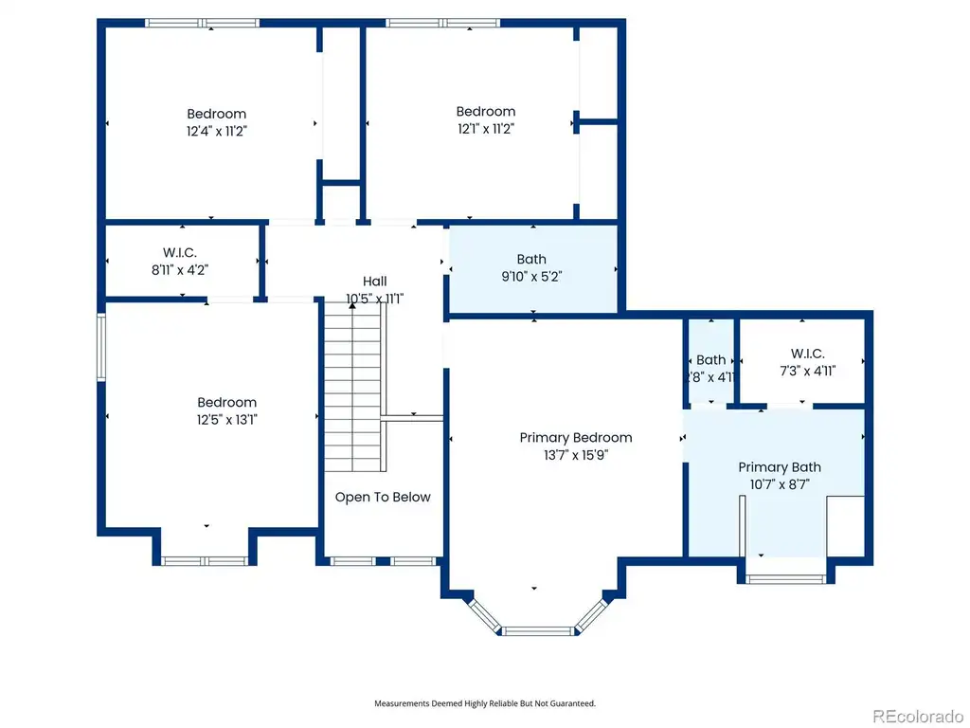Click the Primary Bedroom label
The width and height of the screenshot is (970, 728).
(x=576, y=438)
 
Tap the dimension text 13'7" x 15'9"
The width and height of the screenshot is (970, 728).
(x=576, y=455)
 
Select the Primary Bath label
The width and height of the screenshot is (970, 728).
(x=780, y=467)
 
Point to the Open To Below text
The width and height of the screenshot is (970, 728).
(x=383, y=497)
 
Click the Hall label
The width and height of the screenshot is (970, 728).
(x=375, y=281)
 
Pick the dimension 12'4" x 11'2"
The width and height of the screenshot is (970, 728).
(x=217, y=131)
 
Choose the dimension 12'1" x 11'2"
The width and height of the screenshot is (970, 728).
(x=486, y=129)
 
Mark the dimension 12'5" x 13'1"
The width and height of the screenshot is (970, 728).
(x=227, y=420)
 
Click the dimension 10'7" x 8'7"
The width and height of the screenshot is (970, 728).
(x=780, y=484)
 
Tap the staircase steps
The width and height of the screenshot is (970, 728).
(x=352, y=387)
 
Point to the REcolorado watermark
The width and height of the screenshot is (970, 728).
(x=917, y=717)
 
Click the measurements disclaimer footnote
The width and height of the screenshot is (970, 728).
(x=485, y=703)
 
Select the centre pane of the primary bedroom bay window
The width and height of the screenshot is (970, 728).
(x=537, y=631)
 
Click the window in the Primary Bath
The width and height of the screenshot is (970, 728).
(x=785, y=579)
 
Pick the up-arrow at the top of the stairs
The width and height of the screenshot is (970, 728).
(x=352, y=305)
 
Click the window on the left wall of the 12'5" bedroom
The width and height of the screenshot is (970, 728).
(x=101, y=347)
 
